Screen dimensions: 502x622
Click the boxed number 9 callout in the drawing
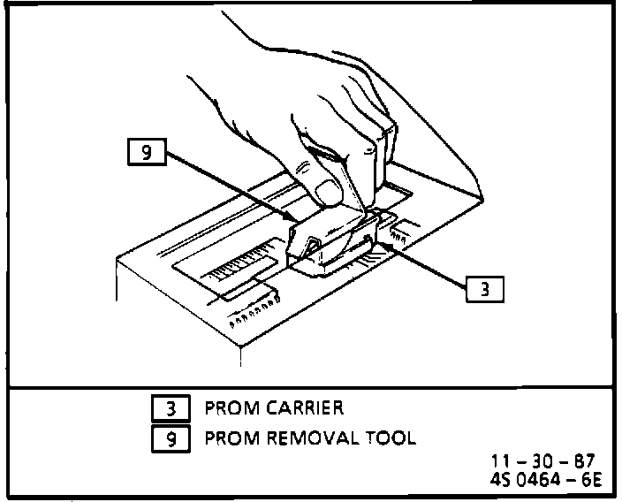[x=147, y=154]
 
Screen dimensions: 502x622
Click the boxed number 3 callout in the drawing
[x=482, y=288]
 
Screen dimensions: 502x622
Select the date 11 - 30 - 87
[x=543, y=461]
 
